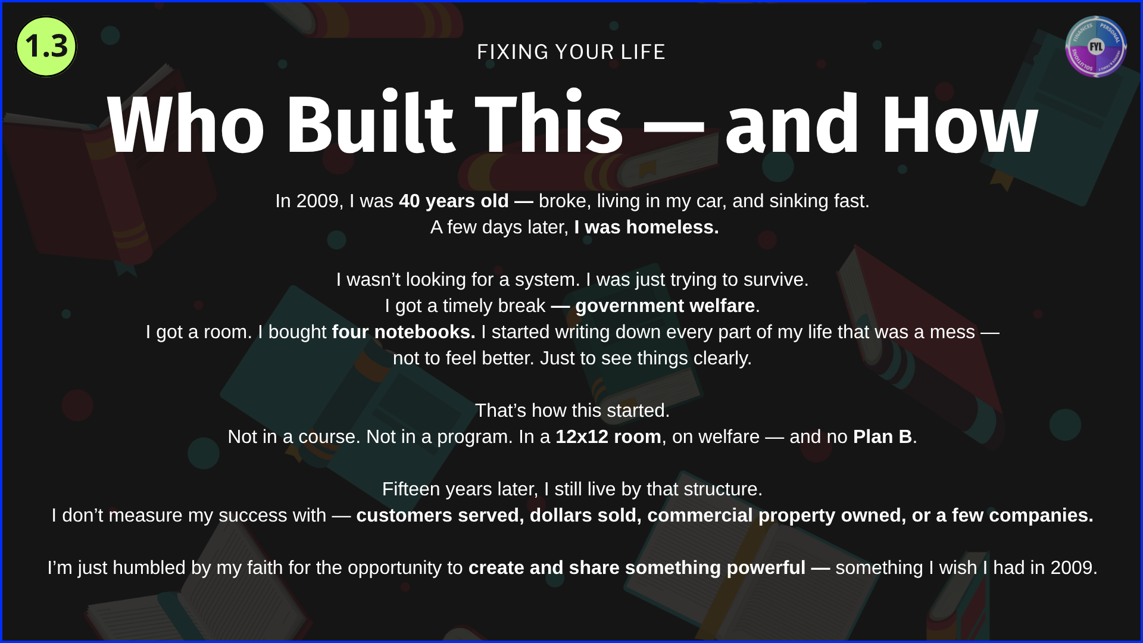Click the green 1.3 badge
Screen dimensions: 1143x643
tap(46, 46)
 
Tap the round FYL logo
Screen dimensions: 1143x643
tap(1096, 46)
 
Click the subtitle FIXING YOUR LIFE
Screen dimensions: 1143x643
tap(571, 52)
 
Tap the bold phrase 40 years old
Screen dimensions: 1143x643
tap(454, 201)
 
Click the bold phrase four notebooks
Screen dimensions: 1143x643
tap(404, 332)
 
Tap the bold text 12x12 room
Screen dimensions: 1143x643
tap(608, 437)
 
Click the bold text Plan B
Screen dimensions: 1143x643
tap(883, 437)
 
